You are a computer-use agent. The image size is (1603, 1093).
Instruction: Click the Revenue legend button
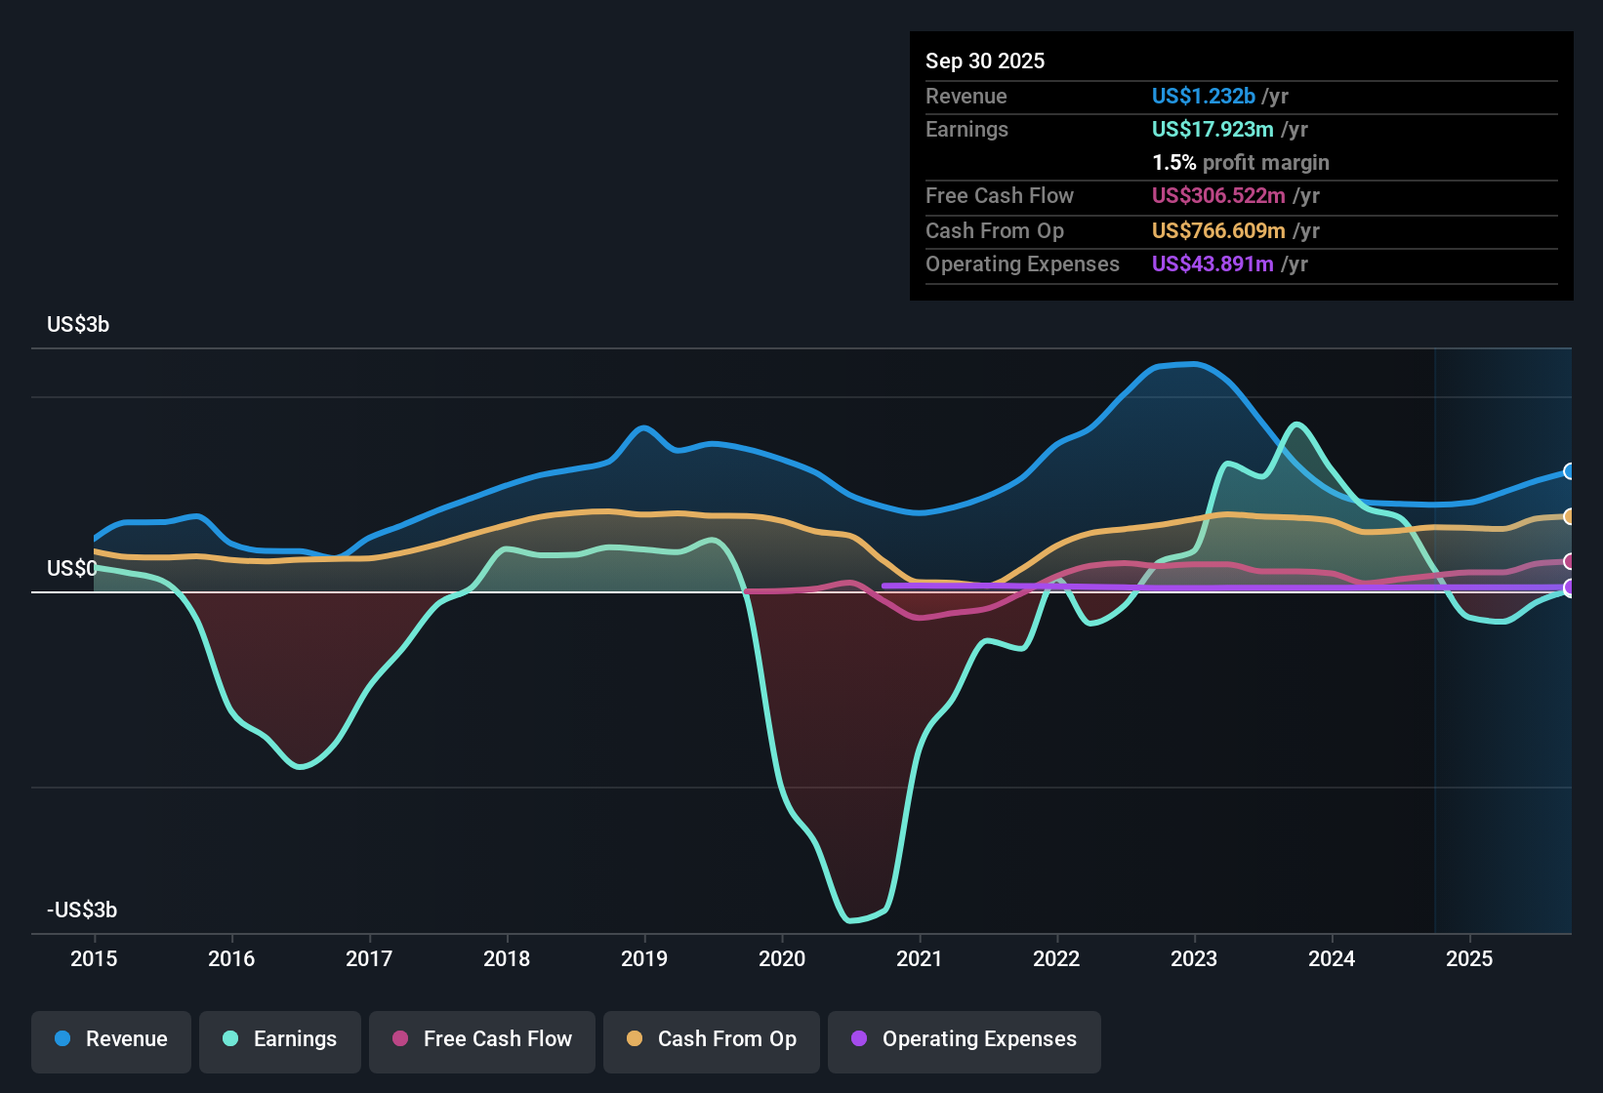click(111, 1039)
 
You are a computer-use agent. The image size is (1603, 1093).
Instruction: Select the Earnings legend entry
click(280, 1039)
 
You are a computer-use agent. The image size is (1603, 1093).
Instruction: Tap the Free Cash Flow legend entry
click(482, 1039)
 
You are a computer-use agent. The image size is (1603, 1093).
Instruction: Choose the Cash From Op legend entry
click(712, 1039)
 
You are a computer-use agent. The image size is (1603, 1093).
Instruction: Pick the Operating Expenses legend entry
click(965, 1039)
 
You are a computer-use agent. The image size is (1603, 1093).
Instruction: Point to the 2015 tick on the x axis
click(94, 958)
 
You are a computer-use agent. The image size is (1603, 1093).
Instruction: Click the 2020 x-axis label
click(782, 958)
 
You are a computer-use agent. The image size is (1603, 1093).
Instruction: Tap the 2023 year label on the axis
click(1194, 958)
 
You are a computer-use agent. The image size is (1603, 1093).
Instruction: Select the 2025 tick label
click(1469, 958)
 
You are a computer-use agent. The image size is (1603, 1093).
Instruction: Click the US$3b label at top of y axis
click(78, 325)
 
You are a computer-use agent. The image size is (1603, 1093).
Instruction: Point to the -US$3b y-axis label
click(82, 911)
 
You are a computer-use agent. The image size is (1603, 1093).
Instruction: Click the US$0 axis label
click(71, 569)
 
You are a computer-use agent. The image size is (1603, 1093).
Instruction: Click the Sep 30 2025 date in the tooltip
click(985, 61)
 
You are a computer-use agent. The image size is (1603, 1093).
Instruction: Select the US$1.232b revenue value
click(1203, 96)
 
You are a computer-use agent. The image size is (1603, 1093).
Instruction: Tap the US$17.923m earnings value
click(1213, 130)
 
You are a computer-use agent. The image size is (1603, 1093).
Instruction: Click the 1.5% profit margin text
click(1241, 163)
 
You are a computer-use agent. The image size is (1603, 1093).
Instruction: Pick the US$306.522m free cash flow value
click(1218, 196)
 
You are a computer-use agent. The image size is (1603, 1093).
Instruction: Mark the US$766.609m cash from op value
click(1218, 231)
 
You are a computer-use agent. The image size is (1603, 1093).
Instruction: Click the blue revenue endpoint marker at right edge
click(1569, 471)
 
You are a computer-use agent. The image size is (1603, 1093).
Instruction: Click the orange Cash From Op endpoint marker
click(1569, 516)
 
